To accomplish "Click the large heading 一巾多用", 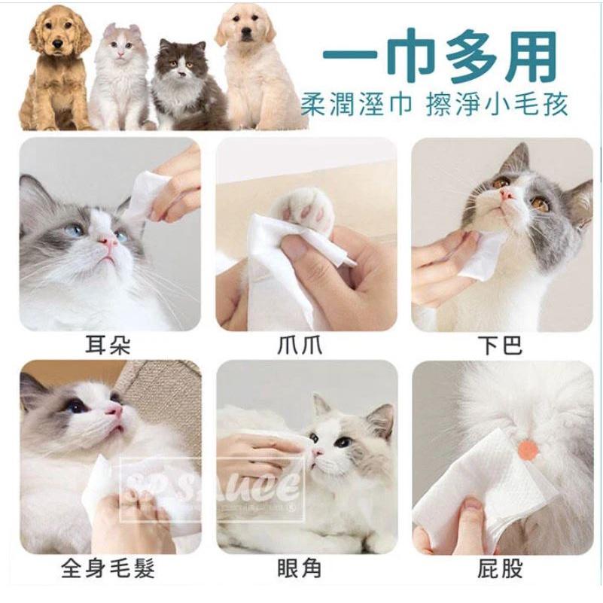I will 440,57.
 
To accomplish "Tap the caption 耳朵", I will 108,346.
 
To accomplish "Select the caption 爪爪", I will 305,346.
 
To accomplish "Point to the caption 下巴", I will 500,346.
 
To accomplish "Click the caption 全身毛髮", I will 108,568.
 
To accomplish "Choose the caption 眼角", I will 305,568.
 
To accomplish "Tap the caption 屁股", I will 500,568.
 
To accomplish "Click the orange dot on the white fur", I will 528,451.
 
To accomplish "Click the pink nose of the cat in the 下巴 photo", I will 507,194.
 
